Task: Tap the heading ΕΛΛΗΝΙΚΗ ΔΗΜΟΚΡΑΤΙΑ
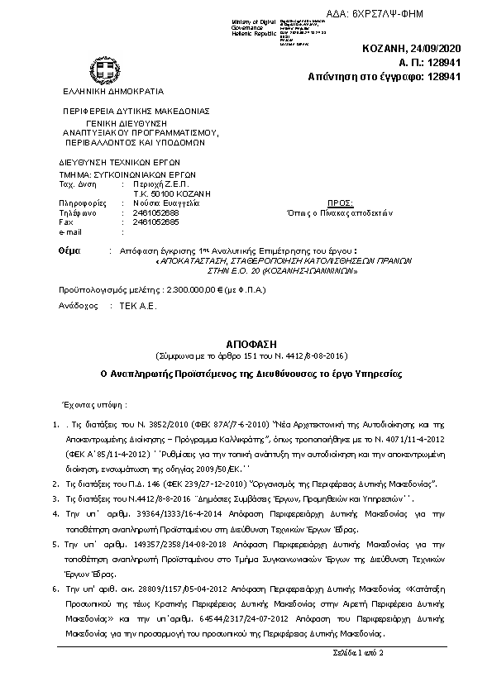(x=107, y=91)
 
